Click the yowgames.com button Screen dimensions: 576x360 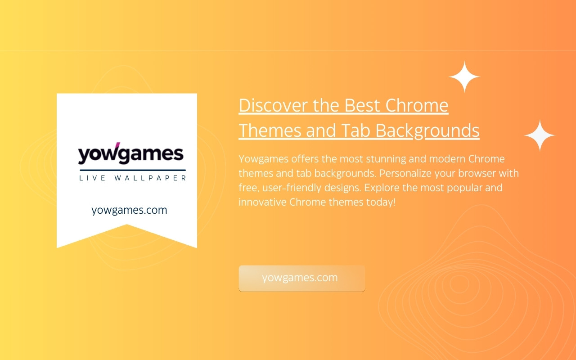point(301,278)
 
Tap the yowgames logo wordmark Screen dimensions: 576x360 point(130,153)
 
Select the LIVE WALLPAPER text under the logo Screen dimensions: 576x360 point(133,178)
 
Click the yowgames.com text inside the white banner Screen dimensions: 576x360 point(129,210)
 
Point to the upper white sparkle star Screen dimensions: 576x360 point(464,76)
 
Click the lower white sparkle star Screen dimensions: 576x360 point(540,135)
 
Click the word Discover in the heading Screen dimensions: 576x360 point(273,105)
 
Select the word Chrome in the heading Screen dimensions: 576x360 point(417,105)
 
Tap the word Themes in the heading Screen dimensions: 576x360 point(270,130)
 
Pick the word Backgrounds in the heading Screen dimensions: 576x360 point(427,130)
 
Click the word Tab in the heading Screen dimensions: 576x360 point(355,130)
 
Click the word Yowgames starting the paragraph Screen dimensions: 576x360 point(264,159)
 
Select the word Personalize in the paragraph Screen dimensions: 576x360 point(405,174)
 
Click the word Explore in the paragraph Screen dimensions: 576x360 point(382,188)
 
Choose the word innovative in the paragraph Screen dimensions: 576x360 point(262,202)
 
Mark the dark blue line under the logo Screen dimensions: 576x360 point(133,170)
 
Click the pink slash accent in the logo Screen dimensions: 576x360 point(117,146)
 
